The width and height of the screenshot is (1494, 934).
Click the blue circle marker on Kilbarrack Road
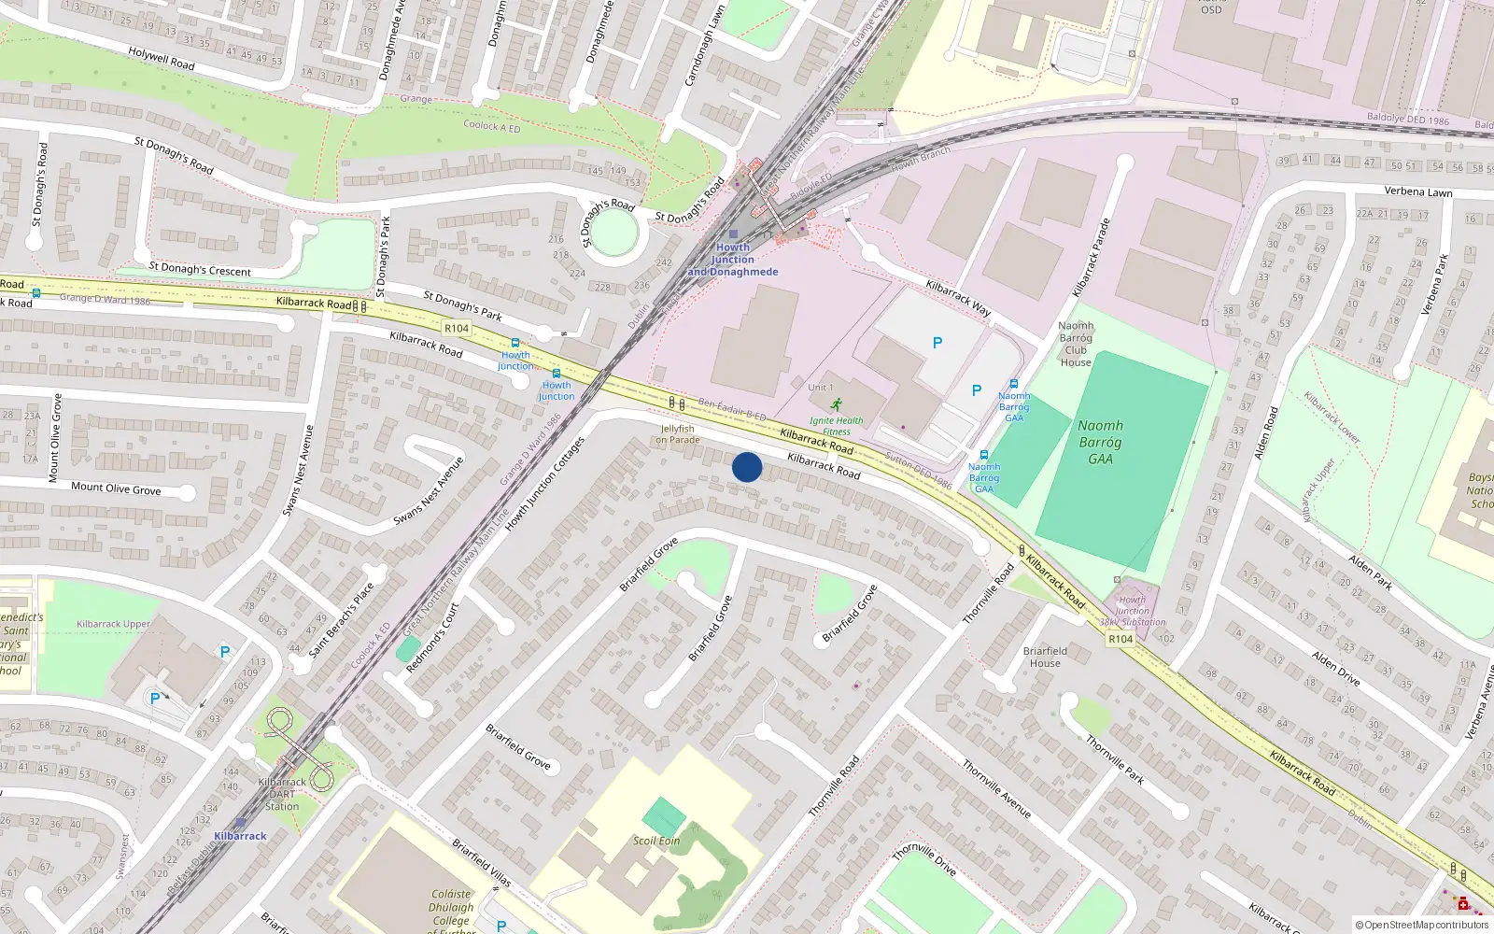(747, 467)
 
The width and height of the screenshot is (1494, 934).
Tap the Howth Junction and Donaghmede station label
(733, 260)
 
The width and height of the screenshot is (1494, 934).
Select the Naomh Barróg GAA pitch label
(1100, 442)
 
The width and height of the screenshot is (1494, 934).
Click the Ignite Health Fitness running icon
(837, 404)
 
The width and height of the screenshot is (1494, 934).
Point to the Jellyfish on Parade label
(677, 434)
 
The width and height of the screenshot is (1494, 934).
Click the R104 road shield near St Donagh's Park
(457, 328)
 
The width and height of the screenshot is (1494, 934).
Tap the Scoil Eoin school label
(656, 841)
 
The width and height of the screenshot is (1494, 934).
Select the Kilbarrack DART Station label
(282, 794)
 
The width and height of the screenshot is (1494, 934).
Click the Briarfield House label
(1045, 657)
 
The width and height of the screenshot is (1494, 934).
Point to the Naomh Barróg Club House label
(1076, 344)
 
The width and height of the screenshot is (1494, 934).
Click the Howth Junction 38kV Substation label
(1132, 612)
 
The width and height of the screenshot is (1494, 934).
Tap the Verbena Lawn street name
(1418, 191)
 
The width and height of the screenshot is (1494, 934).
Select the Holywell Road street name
(162, 59)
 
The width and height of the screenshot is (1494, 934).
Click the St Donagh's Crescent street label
(200, 270)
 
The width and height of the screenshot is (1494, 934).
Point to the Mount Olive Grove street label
(116, 488)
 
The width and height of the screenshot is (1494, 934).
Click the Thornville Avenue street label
(996, 789)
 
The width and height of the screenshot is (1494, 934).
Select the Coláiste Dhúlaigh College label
(452, 907)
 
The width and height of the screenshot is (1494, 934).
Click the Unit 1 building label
(821, 388)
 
